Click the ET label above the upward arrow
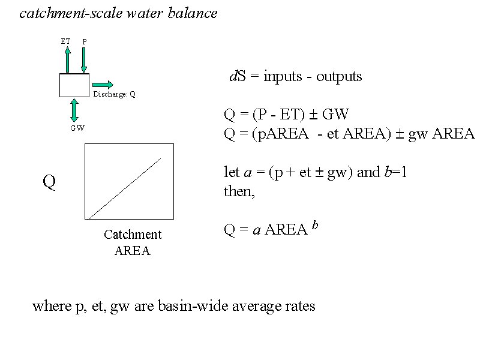click(x=65, y=41)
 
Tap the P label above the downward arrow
click(x=85, y=41)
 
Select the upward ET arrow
click(x=67, y=59)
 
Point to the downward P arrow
click(x=84, y=60)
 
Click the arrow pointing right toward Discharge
click(x=103, y=83)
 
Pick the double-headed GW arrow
click(x=74, y=110)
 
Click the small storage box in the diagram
click(x=74, y=85)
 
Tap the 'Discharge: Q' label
click(x=114, y=95)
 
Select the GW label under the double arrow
click(x=77, y=128)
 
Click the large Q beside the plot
click(x=49, y=182)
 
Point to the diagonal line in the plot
click(x=124, y=188)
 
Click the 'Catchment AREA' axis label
click(x=133, y=242)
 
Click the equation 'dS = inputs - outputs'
click(x=296, y=76)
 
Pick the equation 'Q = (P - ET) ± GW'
click(x=286, y=115)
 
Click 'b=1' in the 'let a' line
click(x=395, y=173)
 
